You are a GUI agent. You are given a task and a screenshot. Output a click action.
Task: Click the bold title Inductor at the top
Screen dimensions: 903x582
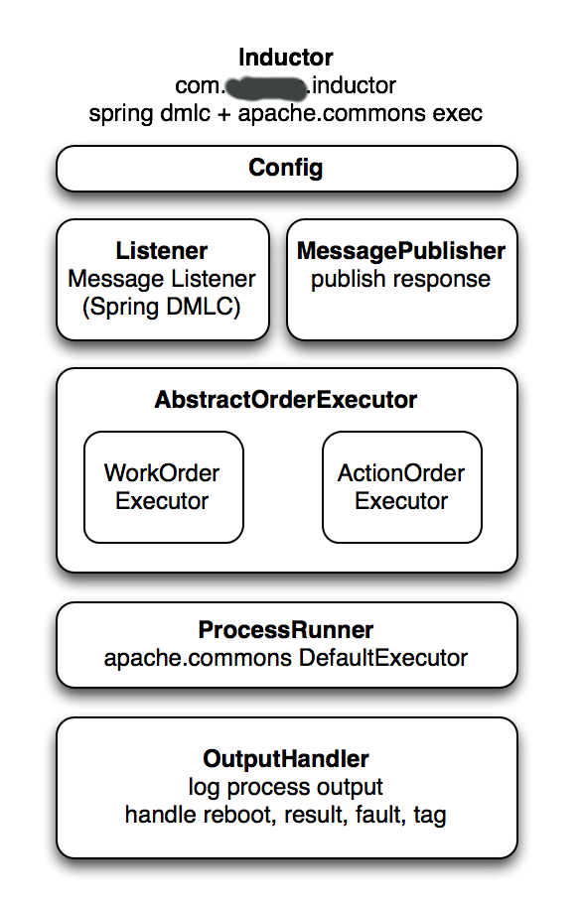click(x=286, y=58)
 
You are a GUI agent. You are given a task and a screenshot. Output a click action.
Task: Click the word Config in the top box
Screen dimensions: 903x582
click(x=286, y=167)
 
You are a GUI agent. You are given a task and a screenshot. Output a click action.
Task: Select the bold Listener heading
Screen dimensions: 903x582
click(x=162, y=251)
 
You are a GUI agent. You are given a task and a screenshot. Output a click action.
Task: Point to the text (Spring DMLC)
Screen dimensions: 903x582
click(x=162, y=307)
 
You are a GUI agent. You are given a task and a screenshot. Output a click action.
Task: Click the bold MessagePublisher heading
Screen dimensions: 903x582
click(x=401, y=251)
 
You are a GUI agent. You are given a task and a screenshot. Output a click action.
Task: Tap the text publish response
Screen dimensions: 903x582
click(x=400, y=279)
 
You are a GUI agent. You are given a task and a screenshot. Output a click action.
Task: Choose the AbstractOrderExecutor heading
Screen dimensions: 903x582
click(x=286, y=400)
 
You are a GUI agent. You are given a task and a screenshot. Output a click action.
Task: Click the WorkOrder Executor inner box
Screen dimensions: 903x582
click(x=163, y=487)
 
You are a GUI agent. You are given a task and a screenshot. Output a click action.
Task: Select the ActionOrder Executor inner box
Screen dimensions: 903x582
click(x=401, y=487)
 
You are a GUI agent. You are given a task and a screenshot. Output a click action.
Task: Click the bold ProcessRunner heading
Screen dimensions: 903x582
click(x=286, y=630)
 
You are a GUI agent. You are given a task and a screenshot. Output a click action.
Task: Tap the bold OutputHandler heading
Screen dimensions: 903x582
click(x=286, y=759)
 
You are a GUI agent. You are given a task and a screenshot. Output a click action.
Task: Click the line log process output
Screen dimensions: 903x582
click(x=286, y=787)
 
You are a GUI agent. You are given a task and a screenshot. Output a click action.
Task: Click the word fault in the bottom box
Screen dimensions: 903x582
click(x=378, y=815)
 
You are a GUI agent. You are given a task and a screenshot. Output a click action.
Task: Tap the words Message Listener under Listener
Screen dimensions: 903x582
click(x=162, y=279)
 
